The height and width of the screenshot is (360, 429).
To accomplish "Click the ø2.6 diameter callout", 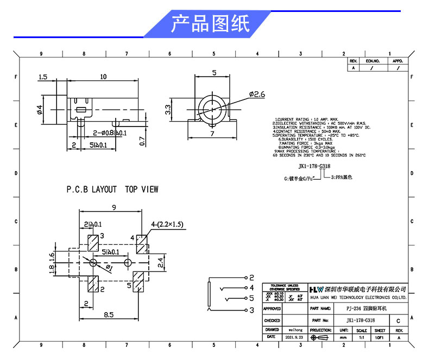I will pyautogui.click(x=256, y=94).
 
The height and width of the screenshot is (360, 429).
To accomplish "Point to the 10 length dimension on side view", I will pyautogui.click(x=103, y=77).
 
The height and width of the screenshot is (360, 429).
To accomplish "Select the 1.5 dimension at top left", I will pyautogui.click(x=43, y=77).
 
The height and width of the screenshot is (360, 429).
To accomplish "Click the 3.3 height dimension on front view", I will pyautogui.click(x=169, y=109).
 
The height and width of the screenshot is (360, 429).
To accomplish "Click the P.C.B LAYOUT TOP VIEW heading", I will pyautogui.click(x=112, y=190).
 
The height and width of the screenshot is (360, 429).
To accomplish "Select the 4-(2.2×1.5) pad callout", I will pyautogui.click(x=168, y=224).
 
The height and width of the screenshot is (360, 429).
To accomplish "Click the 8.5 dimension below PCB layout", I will pyautogui.click(x=109, y=314).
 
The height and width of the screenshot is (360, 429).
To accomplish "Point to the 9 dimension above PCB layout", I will pyautogui.click(x=113, y=207).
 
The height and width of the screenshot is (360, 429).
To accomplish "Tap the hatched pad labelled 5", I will pyautogui.click(x=141, y=283).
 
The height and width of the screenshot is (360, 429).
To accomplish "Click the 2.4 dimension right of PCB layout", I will pyautogui.click(x=160, y=263).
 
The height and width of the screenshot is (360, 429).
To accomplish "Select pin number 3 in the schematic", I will pyautogui.click(x=251, y=310).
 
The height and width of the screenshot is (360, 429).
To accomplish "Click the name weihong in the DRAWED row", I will pyautogui.click(x=296, y=330).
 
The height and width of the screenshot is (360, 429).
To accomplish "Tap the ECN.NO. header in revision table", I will pyautogui.click(x=373, y=61).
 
